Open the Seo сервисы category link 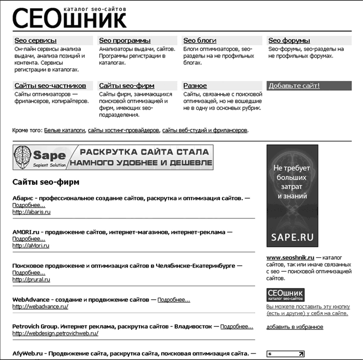pos(35,40)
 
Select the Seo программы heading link pos(125,40)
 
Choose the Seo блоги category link pos(200,40)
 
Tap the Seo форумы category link pos(289,40)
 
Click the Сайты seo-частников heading pos(50,86)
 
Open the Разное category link pos(195,86)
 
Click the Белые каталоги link pos(64,130)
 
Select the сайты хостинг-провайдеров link pos(123,130)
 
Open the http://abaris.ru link pos(31,212)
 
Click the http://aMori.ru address pos(31,245)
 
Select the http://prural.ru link pos(31,279)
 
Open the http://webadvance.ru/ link pos(40,307)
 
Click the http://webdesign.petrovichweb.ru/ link pos(55,334)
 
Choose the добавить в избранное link pos(295,327)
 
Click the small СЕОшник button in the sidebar pos(285,295)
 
